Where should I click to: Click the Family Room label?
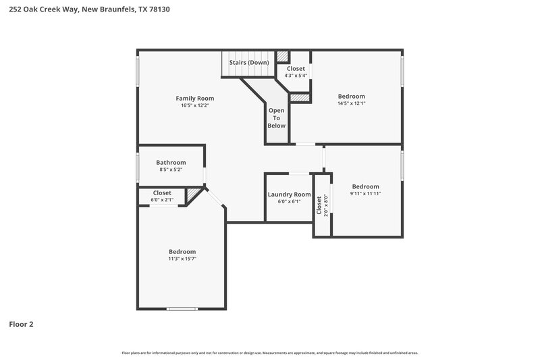195,98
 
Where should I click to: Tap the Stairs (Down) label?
249,63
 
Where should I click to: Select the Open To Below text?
277,118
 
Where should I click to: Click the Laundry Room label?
289,195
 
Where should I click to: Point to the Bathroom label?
171,162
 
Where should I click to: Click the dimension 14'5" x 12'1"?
351,104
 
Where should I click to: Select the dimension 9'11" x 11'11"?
365,194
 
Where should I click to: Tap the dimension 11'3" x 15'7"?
182,259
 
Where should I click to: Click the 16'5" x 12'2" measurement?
195,105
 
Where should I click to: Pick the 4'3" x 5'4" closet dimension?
296,76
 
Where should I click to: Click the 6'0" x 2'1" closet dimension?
162,200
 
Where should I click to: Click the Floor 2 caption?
21,324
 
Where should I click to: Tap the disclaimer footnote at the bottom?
269,353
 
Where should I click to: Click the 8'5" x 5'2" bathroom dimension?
171,170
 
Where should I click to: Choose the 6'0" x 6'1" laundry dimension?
289,201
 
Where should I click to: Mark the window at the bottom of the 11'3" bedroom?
184,309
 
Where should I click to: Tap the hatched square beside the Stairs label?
283,57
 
